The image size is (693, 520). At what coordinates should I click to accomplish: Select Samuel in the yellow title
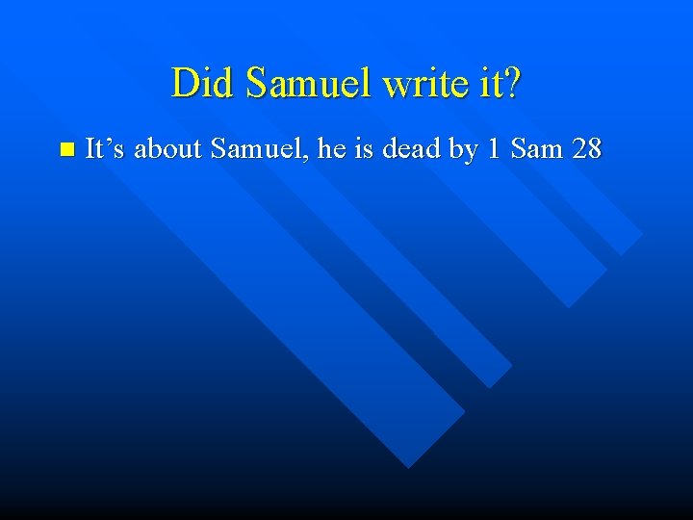pyautogui.click(x=309, y=84)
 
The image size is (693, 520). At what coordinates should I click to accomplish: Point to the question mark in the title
pyautogui.click(x=511, y=84)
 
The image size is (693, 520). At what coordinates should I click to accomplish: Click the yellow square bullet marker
pyautogui.click(x=65, y=149)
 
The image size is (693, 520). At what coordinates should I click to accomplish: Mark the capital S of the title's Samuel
pyautogui.click(x=255, y=84)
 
